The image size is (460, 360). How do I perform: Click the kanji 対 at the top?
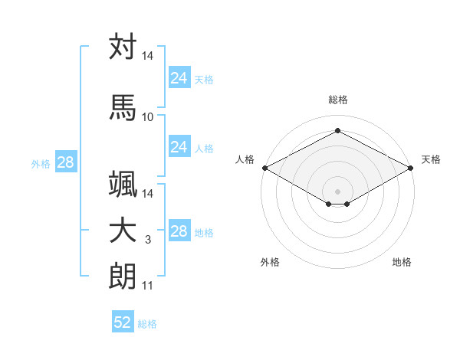(123, 46)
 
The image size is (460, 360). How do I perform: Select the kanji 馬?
(123, 107)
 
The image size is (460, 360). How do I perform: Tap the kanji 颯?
(123, 184)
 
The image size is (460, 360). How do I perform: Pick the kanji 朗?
(123, 277)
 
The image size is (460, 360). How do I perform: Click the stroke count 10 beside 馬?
(147, 117)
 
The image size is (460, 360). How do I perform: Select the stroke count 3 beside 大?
(148, 240)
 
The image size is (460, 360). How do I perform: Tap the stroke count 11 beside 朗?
(147, 286)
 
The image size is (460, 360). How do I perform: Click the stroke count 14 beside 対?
(147, 56)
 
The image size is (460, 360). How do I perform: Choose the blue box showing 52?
(123, 321)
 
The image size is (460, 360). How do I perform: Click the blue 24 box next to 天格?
(179, 77)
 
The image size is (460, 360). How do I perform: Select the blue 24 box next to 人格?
(179, 146)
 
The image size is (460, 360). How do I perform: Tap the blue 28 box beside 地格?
(179, 230)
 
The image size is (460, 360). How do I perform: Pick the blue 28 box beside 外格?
(66, 162)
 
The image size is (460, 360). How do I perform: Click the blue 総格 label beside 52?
(147, 324)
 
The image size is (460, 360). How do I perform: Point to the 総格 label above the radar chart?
(338, 100)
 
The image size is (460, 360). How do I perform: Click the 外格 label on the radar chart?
(270, 262)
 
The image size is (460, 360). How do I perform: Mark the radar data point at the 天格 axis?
(411, 168)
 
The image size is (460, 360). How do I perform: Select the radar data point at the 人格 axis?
(265, 168)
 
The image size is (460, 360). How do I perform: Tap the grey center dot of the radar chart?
(337, 191)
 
